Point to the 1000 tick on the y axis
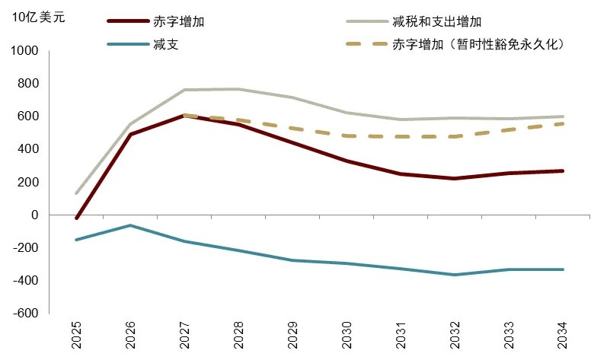point(24,50)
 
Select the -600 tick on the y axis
point(24,313)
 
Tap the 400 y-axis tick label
point(27,149)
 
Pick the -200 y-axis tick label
point(24,247)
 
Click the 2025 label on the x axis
point(76,334)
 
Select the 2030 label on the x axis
point(347,334)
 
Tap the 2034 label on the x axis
point(563,334)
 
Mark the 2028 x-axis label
point(238,334)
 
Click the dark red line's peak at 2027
point(184,116)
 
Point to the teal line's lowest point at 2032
point(455,275)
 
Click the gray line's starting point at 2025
point(76,193)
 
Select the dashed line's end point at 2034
point(563,123)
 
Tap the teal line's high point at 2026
point(130,225)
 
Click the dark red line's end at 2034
point(563,171)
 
